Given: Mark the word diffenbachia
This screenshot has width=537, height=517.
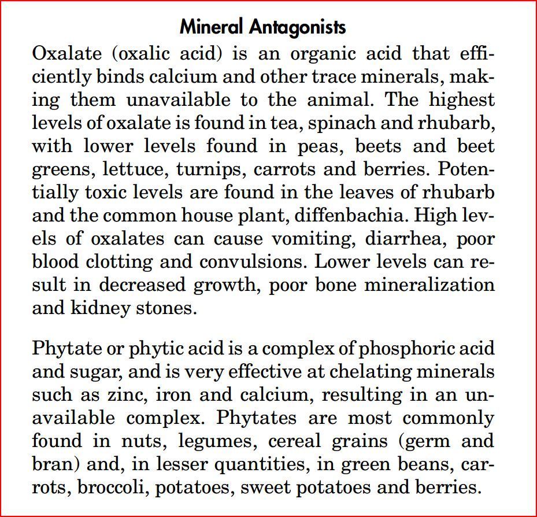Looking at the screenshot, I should pyautogui.click(x=350, y=215).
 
